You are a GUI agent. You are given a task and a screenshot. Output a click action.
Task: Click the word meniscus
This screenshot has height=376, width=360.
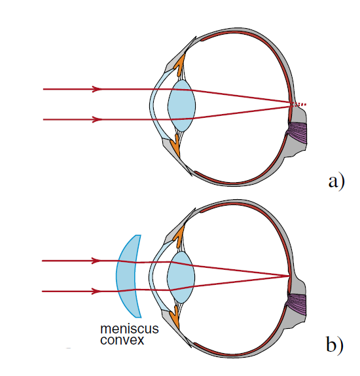tap(130, 329)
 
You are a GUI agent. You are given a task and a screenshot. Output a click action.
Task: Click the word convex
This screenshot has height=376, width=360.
tap(122, 340)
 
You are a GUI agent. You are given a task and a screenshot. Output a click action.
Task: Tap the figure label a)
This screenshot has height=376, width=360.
tap(336, 182)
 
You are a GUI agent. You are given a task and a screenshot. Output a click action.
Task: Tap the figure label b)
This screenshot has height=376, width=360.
tap(335, 345)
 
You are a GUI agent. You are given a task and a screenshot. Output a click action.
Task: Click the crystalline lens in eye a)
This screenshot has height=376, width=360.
tap(181, 105)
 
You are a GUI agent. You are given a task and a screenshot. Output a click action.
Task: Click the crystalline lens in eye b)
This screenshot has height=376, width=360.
tap(181, 277)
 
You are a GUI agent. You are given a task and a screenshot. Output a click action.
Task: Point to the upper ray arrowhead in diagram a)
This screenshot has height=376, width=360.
tap(97, 89)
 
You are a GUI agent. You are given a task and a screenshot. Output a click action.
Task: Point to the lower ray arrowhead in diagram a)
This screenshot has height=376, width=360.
tap(97, 119)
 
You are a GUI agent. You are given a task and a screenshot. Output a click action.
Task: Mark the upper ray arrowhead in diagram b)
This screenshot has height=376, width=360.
tap(96, 261)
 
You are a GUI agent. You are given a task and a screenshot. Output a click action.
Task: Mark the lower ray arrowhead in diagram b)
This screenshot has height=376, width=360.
tap(96, 291)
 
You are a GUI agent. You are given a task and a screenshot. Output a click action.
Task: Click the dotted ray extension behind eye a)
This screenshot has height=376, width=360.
tap(299, 104)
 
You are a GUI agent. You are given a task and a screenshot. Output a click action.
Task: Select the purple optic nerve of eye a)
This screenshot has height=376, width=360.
tap(298, 133)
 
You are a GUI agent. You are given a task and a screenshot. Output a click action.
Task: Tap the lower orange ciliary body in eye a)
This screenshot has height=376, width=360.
tap(175, 145)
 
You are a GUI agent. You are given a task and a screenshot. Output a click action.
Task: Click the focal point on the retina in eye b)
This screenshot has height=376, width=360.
tap(289, 276)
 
